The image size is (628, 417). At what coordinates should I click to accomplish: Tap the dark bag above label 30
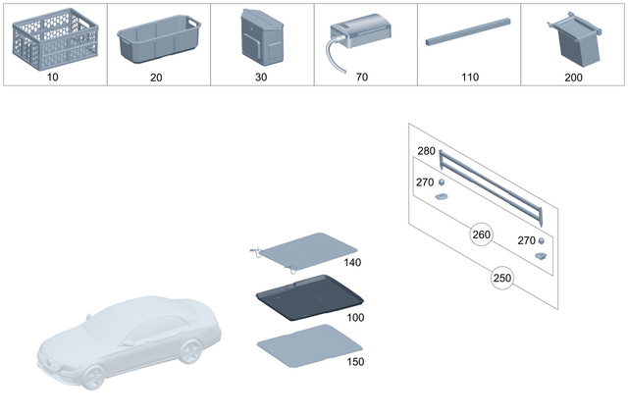coord(261,38)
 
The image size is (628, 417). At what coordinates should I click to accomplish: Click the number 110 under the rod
coord(469,75)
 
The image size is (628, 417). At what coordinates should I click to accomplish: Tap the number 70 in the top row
coord(365,75)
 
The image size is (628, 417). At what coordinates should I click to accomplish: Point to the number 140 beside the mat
coord(353,263)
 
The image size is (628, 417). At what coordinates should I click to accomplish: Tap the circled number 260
coord(481,235)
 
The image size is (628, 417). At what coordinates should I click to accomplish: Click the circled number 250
coord(502,278)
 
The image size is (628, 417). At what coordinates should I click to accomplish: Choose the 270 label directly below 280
coord(426,182)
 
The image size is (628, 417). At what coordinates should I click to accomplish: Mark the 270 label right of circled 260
coord(526,239)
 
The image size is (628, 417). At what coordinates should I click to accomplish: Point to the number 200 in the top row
coord(573,75)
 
